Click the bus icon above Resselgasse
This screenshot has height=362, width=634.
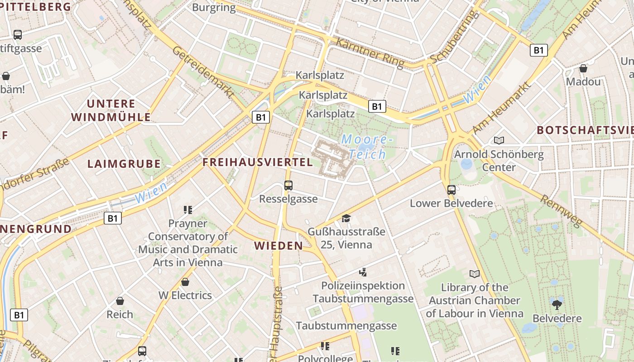[x=288, y=185]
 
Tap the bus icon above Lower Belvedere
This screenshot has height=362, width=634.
[x=451, y=190]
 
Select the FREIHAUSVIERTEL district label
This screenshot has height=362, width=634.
[x=258, y=162]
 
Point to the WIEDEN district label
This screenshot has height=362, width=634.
[x=279, y=246]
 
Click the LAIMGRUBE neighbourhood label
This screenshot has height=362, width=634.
[x=124, y=164]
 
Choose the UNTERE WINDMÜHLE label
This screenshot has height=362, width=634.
[x=111, y=110]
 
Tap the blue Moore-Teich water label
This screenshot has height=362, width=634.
[x=365, y=147]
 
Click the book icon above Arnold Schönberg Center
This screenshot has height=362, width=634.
[x=499, y=141]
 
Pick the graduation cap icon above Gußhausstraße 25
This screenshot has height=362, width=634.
[x=346, y=218]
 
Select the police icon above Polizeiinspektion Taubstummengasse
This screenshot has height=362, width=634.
[x=362, y=272]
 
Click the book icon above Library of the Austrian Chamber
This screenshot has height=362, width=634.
[x=474, y=274]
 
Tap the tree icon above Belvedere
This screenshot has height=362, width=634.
[x=557, y=304]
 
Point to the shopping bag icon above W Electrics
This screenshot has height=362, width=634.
[x=185, y=282]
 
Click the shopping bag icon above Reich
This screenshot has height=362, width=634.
[x=120, y=301]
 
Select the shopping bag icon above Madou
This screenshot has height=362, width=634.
[x=583, y=68]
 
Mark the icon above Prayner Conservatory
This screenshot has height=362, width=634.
[x=187, y=210]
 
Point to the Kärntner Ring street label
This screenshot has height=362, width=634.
[x=370, y=52]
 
